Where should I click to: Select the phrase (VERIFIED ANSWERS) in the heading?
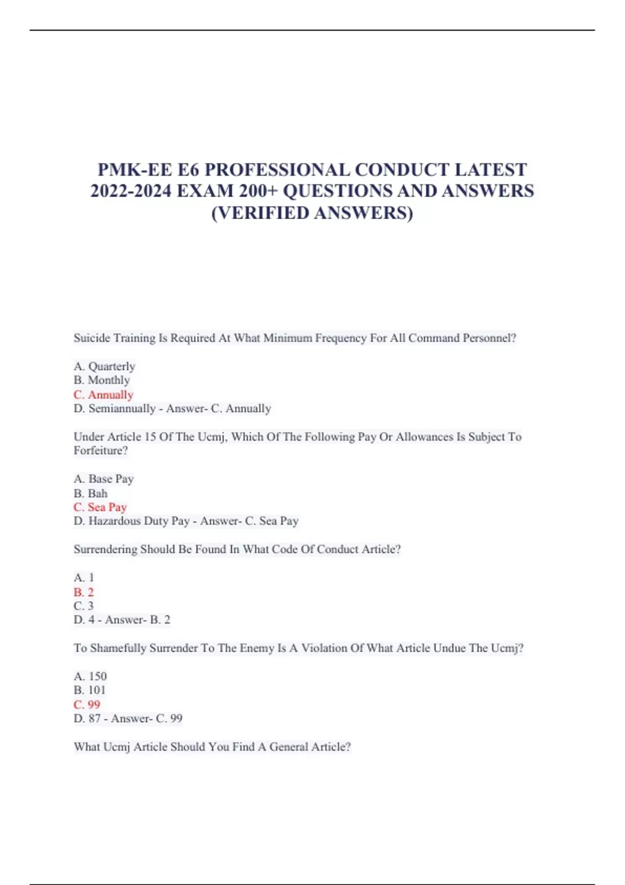click(x=312, y=212)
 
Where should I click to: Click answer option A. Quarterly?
click(x=104, y=366)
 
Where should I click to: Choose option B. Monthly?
click(x=102, y=380)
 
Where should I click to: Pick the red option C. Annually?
click(x=104, y=395)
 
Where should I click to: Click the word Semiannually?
click(x=122, y=409)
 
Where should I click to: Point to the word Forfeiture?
click(x=101, y=450)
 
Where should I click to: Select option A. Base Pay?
click(x=104, y=478)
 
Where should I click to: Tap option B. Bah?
click(x=91, y=493)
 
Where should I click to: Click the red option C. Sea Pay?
click(x=100, y=507)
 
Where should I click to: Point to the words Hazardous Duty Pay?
click(x=139, y=521)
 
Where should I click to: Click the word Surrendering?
click(x=105, y=549)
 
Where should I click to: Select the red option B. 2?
click(x=83, y=592)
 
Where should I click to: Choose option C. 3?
click(x=83, y=606)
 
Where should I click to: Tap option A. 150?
click(x=90, y=676)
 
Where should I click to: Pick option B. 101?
click(x=90, y=690)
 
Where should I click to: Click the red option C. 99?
click(x=86, y=704)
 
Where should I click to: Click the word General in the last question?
click(x=288, y=747)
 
